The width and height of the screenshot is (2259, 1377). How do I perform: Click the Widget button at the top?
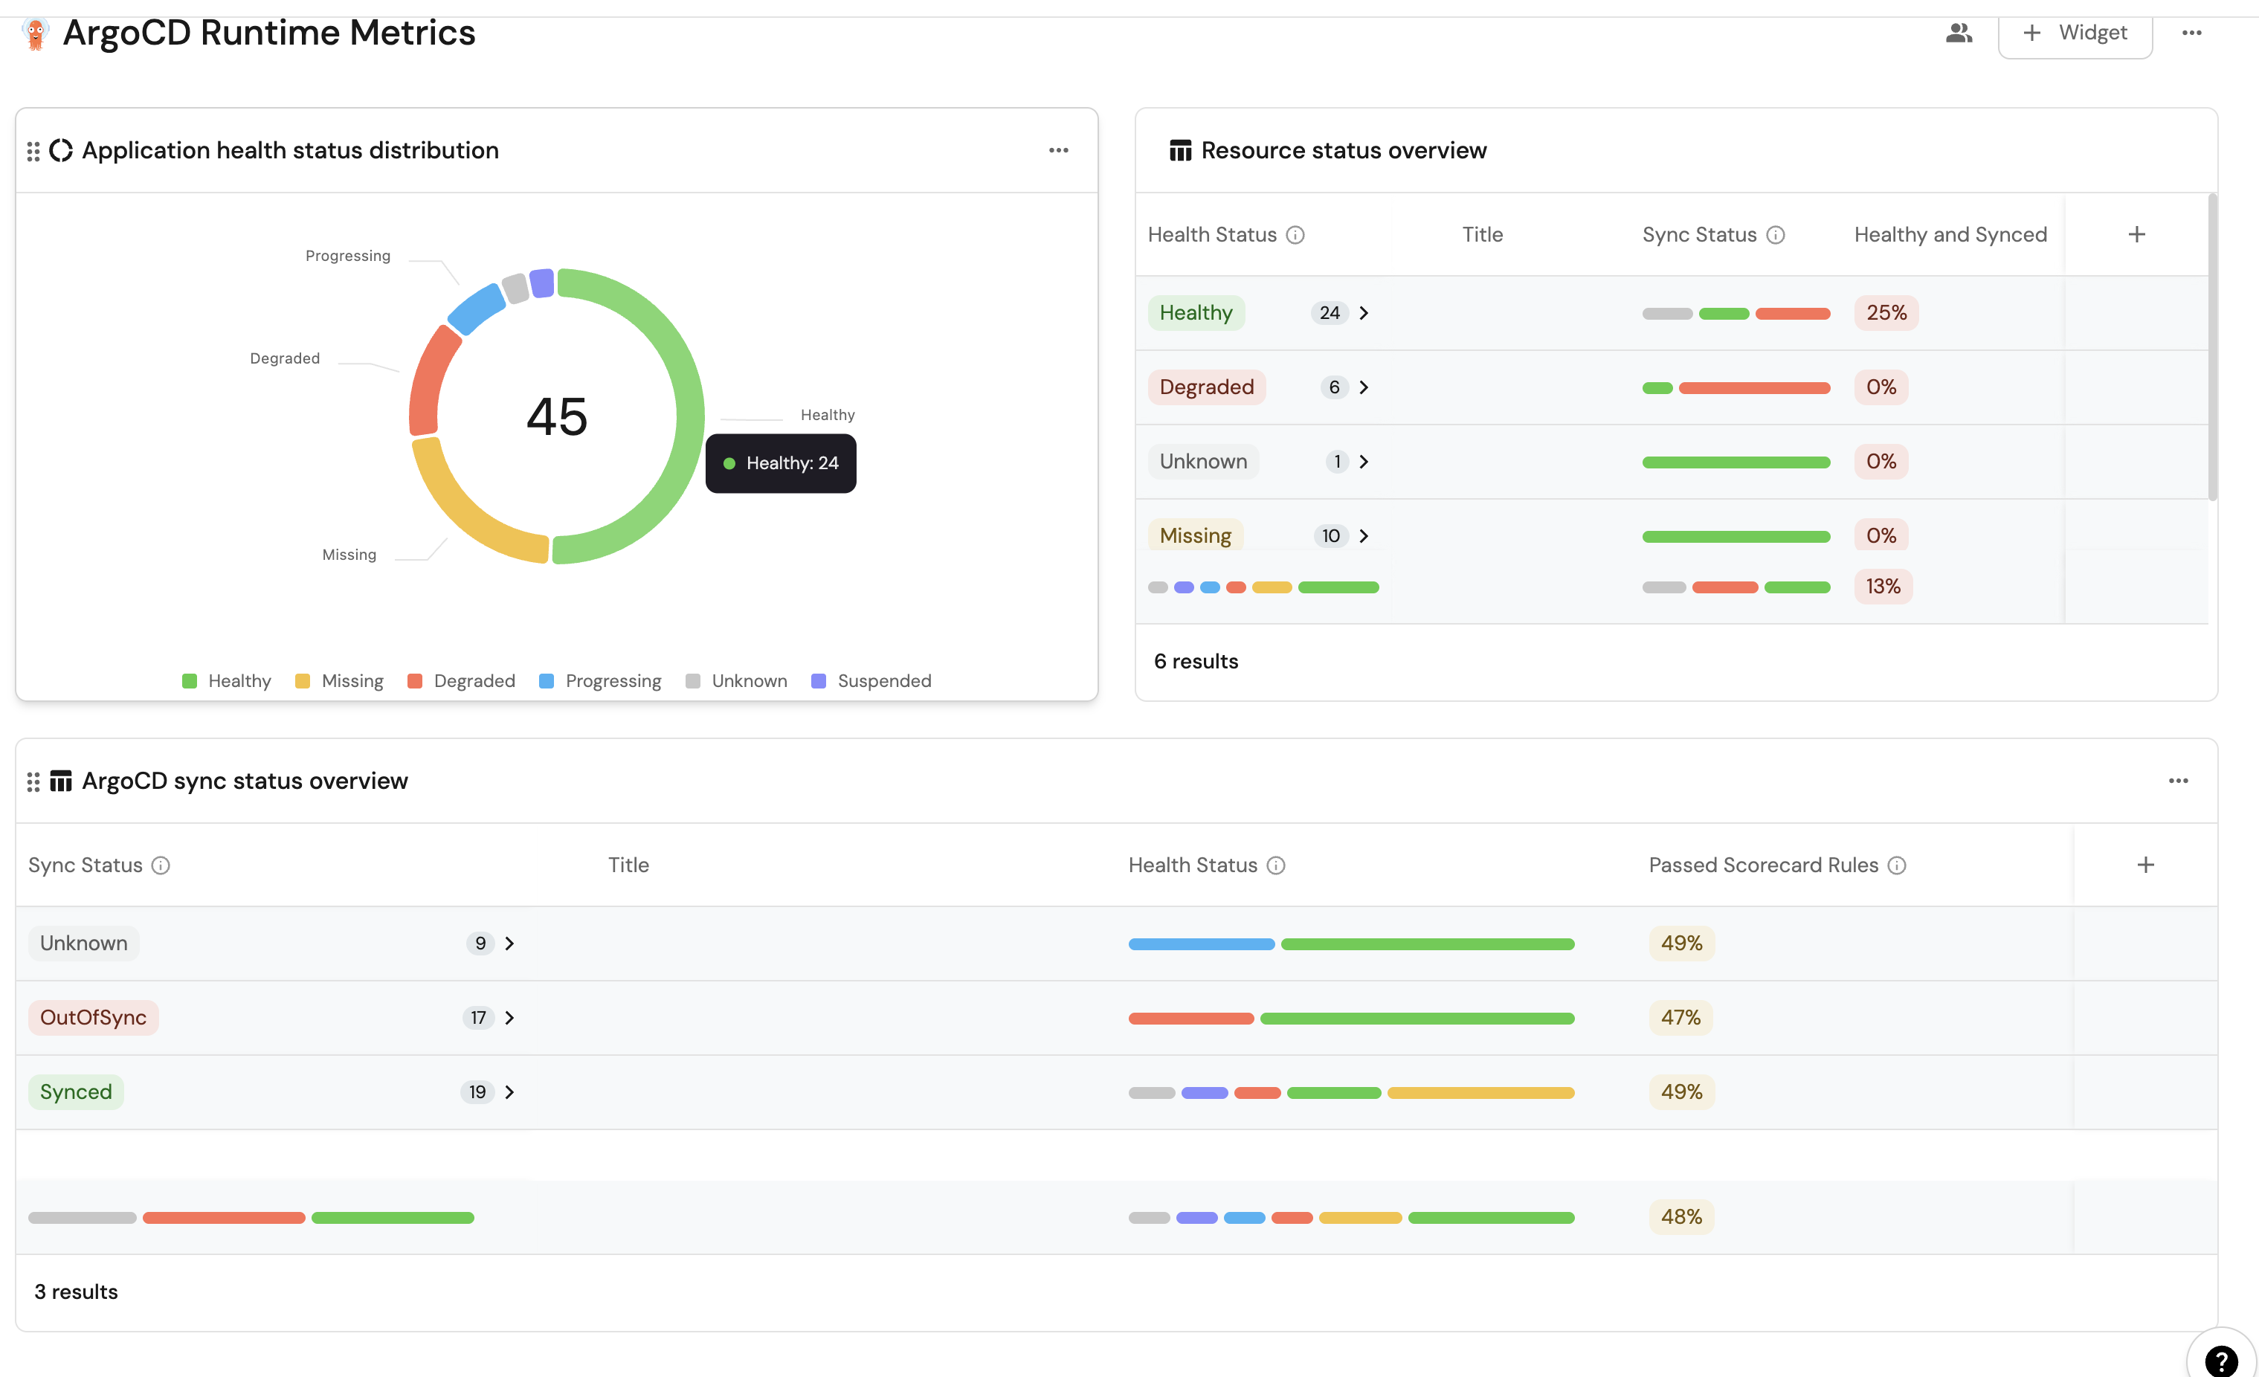point(2075,33)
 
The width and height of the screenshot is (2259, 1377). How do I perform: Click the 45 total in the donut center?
point(556,417)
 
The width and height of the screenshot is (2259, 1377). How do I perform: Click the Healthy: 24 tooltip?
point(781,464)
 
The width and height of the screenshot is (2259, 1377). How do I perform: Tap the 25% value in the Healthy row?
point(1886,312)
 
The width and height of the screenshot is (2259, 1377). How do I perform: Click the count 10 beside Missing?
point(1330,536)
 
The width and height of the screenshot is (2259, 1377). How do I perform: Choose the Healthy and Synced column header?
point(1950,235)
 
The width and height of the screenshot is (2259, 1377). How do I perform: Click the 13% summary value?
point(1883,587)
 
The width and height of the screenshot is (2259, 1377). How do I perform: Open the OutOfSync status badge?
point(93,1018)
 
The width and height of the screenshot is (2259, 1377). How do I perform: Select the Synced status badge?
point(76,1092)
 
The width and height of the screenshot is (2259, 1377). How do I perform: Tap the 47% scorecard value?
point(1680,1018)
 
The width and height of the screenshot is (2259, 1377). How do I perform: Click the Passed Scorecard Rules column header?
point(1763,865)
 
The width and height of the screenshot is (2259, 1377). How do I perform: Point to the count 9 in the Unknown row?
point(480,944)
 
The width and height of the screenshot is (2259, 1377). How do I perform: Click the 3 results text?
point(76,1291)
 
